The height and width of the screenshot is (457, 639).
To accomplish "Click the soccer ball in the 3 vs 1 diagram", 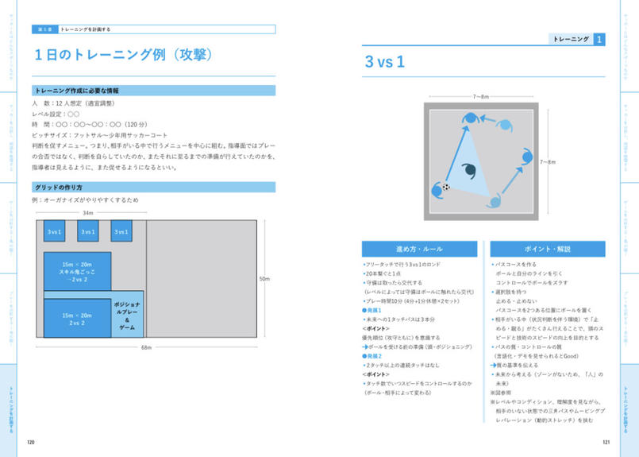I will pyautogui.click(x=445, y=188).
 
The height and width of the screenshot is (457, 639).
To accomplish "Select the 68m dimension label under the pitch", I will pyautogui.click(x=147, y=347).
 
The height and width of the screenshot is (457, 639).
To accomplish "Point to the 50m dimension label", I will pyautogui.click(x=264, y=278).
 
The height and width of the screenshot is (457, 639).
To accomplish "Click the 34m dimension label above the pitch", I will pyautogui.click(x=88, y=213).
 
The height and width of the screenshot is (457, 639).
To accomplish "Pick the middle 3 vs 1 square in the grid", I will pyautogui.click(x=88, y=231).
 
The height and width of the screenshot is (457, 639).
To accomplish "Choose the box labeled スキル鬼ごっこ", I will pyautogui.click(x=77, y=272).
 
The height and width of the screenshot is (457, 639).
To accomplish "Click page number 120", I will pyautogui.click(x=31, y=443).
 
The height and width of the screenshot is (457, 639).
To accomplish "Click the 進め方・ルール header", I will pyautogui.click(x=419, y=249).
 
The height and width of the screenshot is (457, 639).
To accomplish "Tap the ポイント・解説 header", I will pyautogui.click(x=548, y=249).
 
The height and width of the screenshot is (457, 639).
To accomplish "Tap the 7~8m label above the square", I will pyautogui.click(x=482, y=96).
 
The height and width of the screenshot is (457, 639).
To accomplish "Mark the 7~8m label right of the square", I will pyautogui.click(x=548, y=162).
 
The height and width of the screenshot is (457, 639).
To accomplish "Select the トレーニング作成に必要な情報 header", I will pyautogui.click(x=76, y=91).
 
